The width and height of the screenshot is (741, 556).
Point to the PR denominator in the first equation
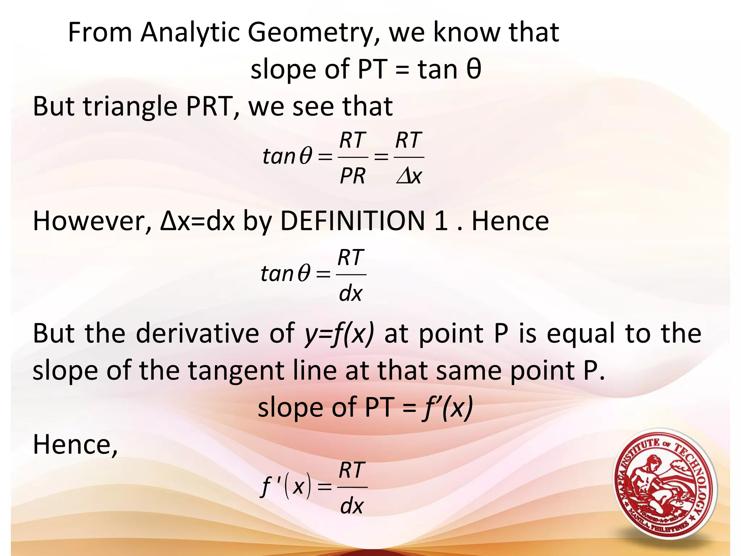coord(352,176)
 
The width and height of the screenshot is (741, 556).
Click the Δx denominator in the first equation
coord(409,176)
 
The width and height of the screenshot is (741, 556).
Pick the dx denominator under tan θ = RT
coord(351,293)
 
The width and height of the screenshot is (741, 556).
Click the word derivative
coord(197,333)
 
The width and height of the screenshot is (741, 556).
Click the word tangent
coord(236,371)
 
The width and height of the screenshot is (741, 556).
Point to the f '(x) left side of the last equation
coord(286,487)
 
